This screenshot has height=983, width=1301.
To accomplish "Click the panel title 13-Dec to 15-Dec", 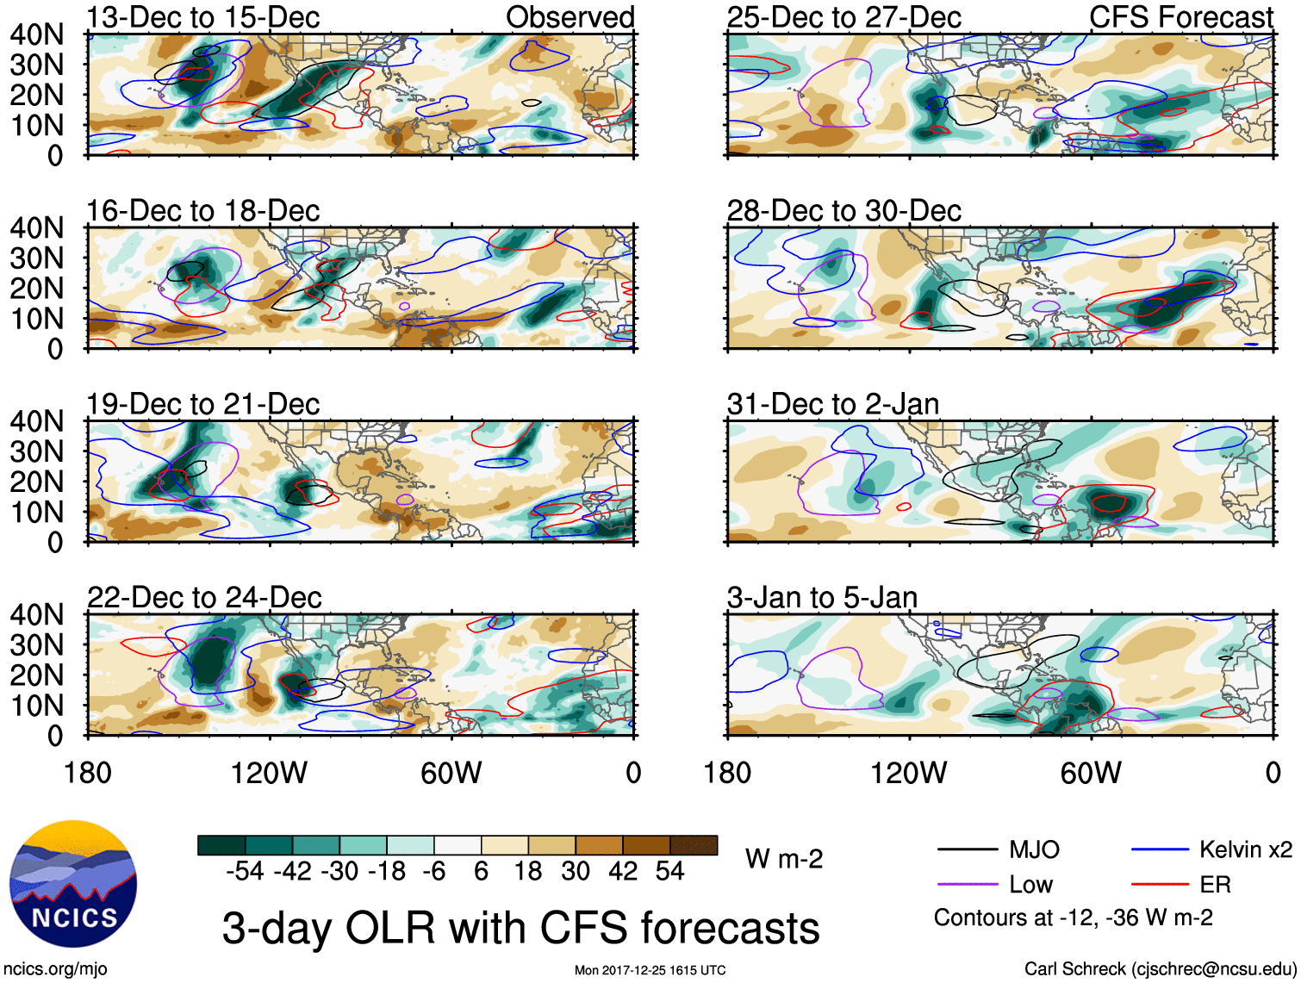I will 203,17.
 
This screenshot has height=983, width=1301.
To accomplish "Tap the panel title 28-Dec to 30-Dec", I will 843,211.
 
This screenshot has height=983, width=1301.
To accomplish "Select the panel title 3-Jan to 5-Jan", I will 822,598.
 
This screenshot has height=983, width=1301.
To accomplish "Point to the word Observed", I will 570,17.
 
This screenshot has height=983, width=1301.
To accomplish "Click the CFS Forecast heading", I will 1180,17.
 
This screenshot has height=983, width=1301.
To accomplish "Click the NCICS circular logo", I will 73,884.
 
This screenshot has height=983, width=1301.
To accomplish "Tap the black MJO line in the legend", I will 967,850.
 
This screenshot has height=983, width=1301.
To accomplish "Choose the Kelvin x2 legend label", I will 1245,850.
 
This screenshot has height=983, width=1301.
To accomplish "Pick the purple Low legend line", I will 967,885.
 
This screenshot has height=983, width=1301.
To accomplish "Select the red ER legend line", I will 1160,885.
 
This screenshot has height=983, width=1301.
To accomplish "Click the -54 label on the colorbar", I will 245,872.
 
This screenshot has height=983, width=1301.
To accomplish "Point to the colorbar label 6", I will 481,872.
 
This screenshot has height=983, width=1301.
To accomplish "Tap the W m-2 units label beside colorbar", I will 784,859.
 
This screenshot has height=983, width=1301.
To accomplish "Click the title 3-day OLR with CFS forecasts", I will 520,929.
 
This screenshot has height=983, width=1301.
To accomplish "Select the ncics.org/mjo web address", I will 55,969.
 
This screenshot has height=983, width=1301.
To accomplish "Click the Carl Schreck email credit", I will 1160,969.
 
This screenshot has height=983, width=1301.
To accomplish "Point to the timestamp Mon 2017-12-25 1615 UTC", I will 650,971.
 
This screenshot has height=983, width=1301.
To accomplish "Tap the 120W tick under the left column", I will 269,773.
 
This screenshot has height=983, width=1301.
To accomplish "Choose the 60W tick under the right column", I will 1091,773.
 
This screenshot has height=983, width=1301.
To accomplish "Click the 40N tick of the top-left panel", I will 36,34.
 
